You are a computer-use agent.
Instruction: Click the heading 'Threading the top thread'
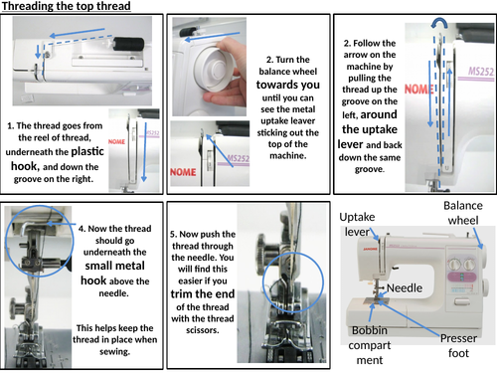67,6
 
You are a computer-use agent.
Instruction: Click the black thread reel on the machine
129,44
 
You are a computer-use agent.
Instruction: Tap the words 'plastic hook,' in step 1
58,158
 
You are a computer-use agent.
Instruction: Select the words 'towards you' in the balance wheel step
288,85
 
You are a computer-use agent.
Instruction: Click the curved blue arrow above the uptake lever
439,22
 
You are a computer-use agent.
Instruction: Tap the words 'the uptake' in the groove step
370,129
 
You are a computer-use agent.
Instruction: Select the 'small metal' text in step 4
114,266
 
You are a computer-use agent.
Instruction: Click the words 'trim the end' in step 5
203,293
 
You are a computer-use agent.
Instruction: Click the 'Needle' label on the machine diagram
405,287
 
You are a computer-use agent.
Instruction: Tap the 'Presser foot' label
458,345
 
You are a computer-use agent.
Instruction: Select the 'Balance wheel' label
463,213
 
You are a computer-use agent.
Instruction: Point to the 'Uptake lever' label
357,224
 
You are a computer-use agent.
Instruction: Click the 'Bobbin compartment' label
370,345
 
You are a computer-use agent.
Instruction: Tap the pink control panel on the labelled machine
461,277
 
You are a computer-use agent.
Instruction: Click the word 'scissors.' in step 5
203,330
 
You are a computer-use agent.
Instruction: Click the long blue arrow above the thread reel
78,33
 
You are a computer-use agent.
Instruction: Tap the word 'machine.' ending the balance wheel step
288,155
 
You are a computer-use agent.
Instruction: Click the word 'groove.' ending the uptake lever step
370,169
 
